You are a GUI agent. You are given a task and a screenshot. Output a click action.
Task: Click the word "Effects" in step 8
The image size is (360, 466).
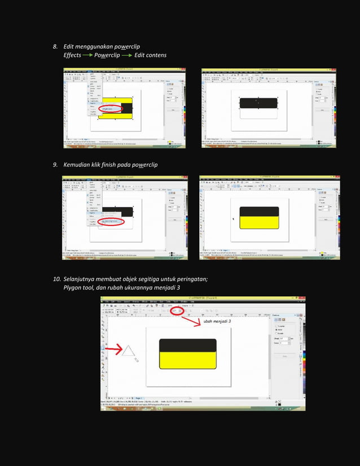click(x=72, y=55)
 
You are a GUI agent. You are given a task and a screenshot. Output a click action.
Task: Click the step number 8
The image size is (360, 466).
click(x=55, y=46)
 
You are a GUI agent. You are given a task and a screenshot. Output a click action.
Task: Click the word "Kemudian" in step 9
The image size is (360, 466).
click(x=77, y=165)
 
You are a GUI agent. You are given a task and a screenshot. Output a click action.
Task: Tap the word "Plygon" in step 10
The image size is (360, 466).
click(x=74, y=288)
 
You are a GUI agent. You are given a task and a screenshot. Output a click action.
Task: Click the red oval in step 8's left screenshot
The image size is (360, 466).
click(x=111, y=109)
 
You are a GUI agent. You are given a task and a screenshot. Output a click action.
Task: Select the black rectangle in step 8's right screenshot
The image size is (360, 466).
click(x=258, y=103)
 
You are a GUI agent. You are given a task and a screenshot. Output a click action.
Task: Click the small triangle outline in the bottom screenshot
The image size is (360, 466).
click(x=128, y=351)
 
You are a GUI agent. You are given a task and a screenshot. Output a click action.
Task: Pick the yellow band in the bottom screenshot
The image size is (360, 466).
click(x=187, y=361)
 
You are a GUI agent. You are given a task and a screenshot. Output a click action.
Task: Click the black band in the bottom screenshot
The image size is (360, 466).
click(x=187, y=345)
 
